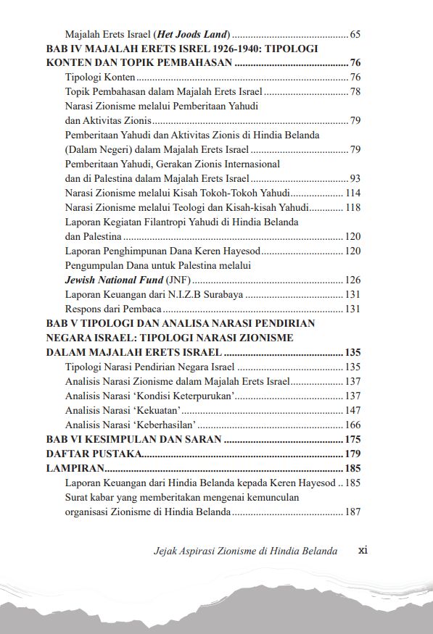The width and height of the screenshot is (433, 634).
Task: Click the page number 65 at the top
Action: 355,34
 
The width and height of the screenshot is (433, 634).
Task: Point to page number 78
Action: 355,92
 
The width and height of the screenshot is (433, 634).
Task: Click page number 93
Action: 355,179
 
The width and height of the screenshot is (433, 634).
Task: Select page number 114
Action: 352,193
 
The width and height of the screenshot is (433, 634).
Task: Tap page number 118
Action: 352,208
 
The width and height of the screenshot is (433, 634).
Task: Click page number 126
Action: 352,280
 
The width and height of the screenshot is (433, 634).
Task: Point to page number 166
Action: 352,425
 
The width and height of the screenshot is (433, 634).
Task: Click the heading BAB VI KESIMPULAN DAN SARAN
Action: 133,440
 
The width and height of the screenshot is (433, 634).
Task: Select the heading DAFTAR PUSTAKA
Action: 92,454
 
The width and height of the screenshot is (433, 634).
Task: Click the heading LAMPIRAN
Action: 73,469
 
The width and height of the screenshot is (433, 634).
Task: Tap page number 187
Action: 352,512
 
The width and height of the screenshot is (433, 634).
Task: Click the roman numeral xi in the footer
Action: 364,550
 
